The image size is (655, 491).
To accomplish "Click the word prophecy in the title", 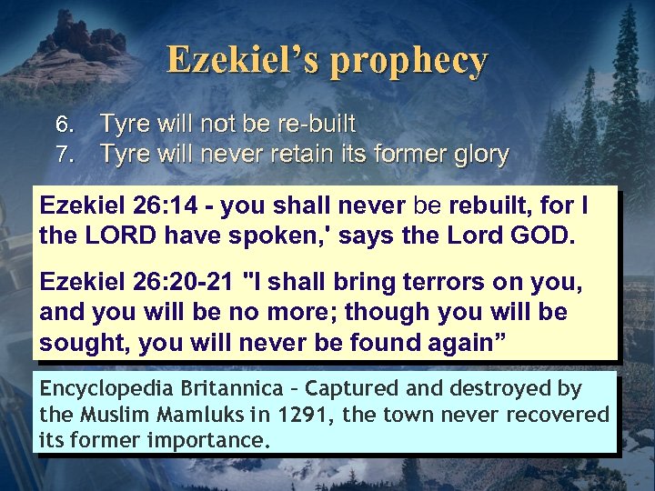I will pyautogui.click(x=409, y=61).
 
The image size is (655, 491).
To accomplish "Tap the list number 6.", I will pyautogui.click(x=62, y=125).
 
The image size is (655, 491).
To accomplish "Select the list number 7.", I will pyautogui.click(x=62, y=155).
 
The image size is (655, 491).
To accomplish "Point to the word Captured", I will pyautogui.click(x=349, y=389).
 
